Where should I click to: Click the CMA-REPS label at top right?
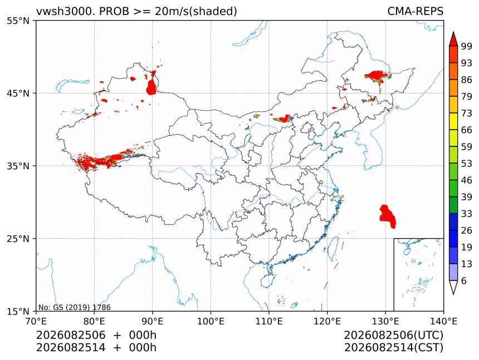(x=415, y=11)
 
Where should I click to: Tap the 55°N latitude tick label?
(x=18, y=21)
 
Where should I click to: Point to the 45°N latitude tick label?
(x=18, y=93)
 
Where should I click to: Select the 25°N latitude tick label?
(x=18, y=239)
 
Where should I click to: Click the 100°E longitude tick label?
(x=211, y=321)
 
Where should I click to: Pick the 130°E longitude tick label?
(x=385, y=321)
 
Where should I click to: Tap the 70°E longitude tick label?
(x=36, y=321)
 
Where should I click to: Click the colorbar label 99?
(x=467, y=46)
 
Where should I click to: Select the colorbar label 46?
(x=467, y=180)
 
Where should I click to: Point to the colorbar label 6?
(x=464, y=280)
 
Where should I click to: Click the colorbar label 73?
(x=467, y=113)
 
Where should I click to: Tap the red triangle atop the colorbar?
(x=453, y=40)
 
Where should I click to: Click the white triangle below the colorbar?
(x=453, y=286)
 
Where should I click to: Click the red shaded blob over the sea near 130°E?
(x=388, y=216)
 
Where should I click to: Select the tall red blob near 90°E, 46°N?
(x=151, y=87)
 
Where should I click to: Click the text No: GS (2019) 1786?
(x=74, y=307)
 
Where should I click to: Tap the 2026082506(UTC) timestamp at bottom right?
(x=393, y=335)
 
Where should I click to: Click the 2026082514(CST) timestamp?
(x=393, y=348)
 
